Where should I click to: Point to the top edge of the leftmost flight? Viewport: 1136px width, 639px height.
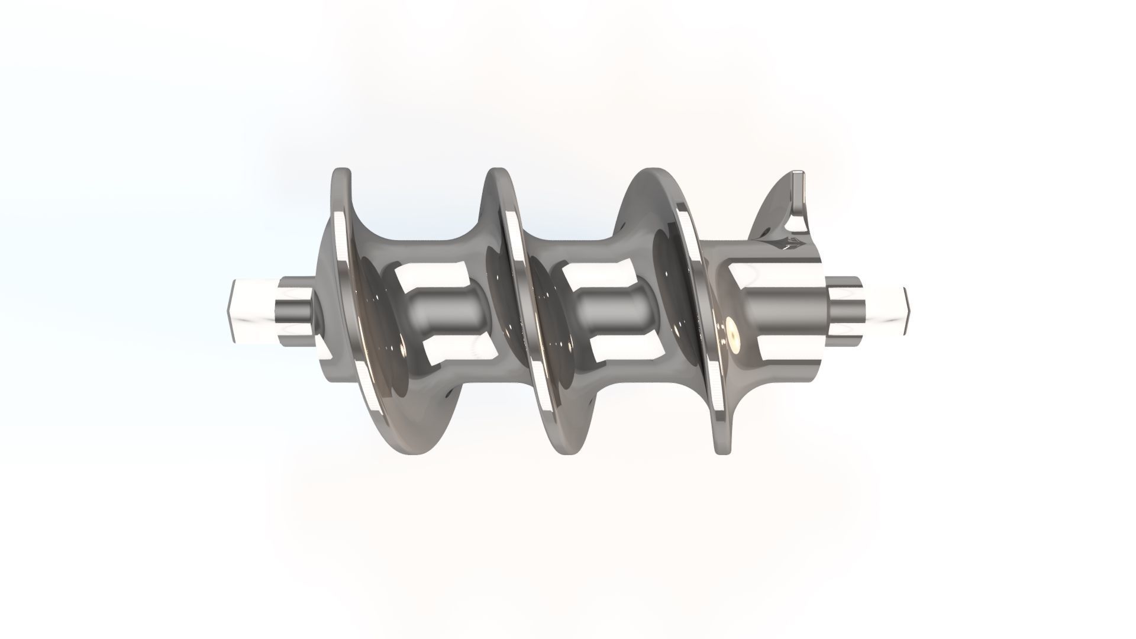[341, 172]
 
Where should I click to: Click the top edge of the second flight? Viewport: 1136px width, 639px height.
[497, 173]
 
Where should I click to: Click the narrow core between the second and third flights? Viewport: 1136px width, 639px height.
[609, 311]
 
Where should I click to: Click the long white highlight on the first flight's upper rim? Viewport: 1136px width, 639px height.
[341, 237]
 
